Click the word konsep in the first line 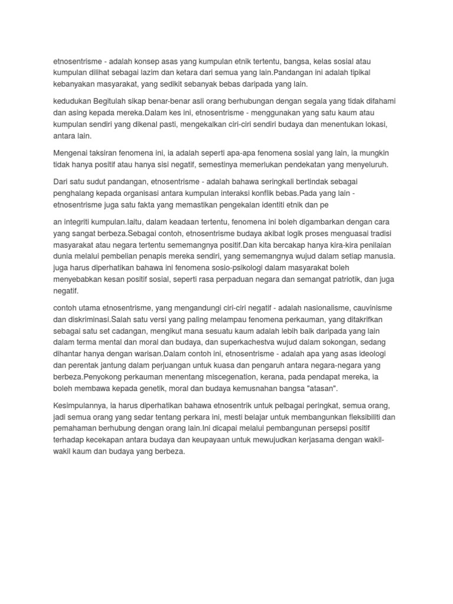[150, 61]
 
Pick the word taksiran [110, 153]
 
